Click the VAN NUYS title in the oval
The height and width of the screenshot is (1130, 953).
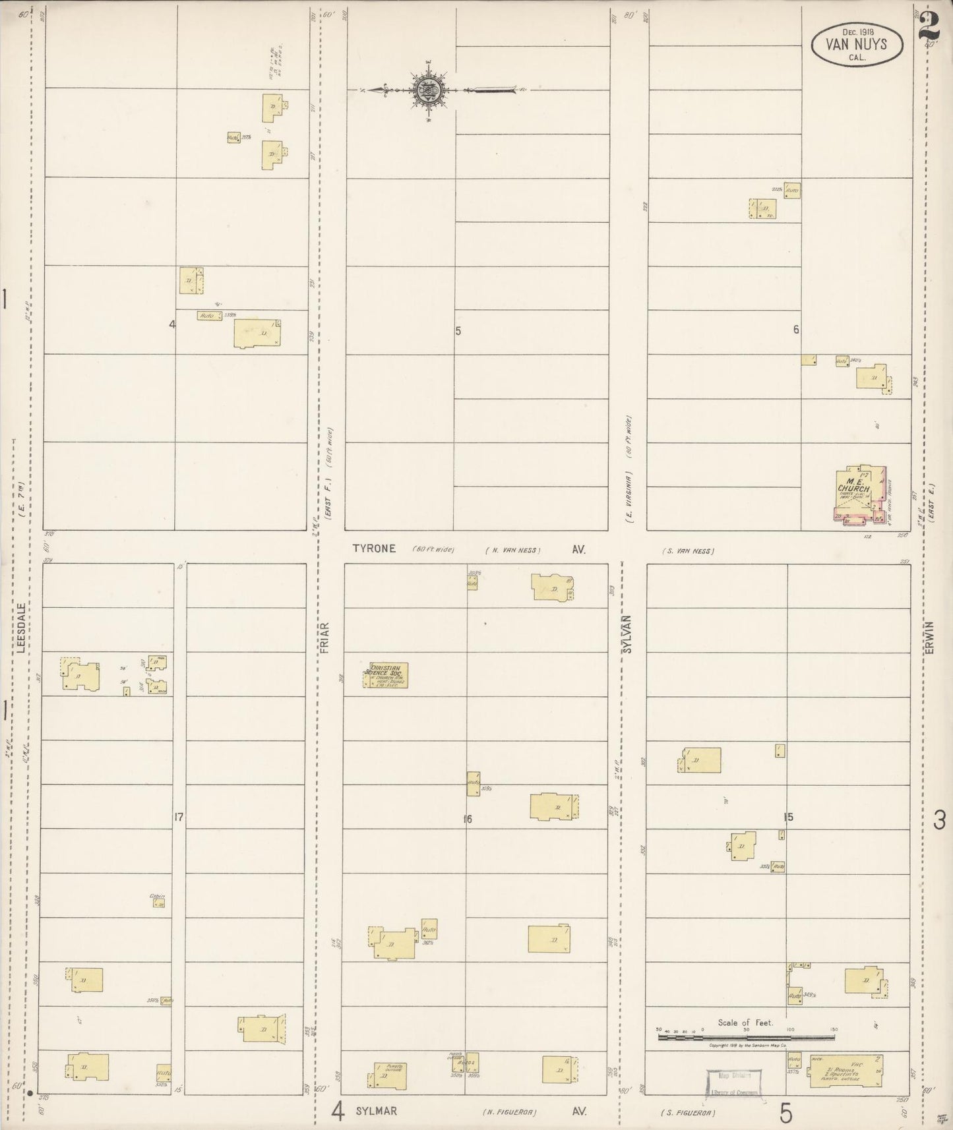point(856,45)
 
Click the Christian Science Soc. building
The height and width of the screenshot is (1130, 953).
point(386,675)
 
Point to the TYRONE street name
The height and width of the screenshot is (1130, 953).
point(374,549)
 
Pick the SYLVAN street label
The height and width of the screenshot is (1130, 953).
point(628,634)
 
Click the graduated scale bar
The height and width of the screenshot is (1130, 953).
point(745,1037)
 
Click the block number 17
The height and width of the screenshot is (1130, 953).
point(178,818)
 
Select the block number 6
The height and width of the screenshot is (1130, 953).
point(796,330)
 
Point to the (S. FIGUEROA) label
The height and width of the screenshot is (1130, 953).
point(687,1113)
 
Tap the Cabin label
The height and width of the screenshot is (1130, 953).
point(156,896)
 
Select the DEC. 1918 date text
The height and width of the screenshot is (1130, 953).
point(856,31)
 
